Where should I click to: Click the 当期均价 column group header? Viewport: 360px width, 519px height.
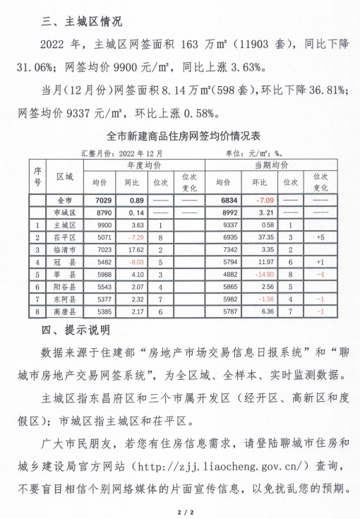270,165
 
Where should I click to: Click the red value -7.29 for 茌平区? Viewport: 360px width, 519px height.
133,237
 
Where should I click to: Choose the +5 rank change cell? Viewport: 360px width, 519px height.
320,237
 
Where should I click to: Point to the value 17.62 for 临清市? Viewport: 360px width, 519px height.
133,250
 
